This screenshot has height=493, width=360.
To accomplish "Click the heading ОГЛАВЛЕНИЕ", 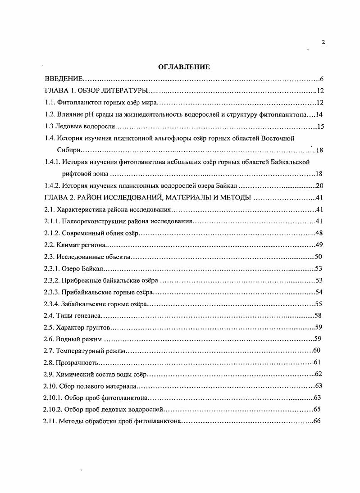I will pos(184,67).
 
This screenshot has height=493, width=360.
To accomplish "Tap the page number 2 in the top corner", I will pos(323,42).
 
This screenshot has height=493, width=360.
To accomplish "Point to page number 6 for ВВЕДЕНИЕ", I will pos(321,79).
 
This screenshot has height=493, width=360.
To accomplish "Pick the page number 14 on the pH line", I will pos(320,114).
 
